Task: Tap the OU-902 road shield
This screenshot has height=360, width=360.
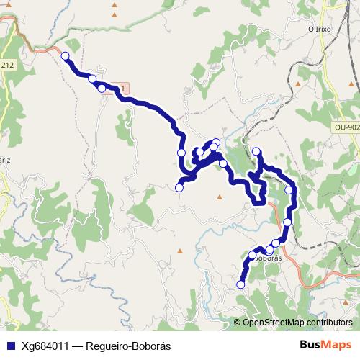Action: pyautogui.click(x=346, y=127)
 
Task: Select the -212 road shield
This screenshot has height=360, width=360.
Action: pyautogui.click(x=6, y=65)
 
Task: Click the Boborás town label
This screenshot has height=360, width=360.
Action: pyautogui.click(x=267, y=257)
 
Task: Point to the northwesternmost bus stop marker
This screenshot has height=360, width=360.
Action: pyautogui.click(x=66, y=56)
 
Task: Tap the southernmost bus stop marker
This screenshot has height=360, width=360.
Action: pyautogui.click(x=240, y=285)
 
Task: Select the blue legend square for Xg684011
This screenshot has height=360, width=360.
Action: pyautogui.click(x=11, y=346)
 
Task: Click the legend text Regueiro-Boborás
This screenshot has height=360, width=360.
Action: pyautogui.click(x=128, y=346)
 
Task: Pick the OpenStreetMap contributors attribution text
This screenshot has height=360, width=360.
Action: pyautogui.click(x=297, y=323)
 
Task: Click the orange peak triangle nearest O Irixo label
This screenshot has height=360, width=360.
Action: pyautogui.click(x=297, y=84)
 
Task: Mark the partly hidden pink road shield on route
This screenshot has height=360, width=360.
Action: pyautogui.click(x=124, y=89)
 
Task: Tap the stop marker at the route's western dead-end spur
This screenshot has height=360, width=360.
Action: pyautogui.click(x=179, y=188)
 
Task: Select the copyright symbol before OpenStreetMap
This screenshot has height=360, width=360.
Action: pyautogui.click(x=238, y=323)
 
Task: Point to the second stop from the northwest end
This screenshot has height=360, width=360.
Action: pyautogui.click(x=92, y=79)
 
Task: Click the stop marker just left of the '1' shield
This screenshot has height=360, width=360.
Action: pyautogui.click(x=102, y=89)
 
